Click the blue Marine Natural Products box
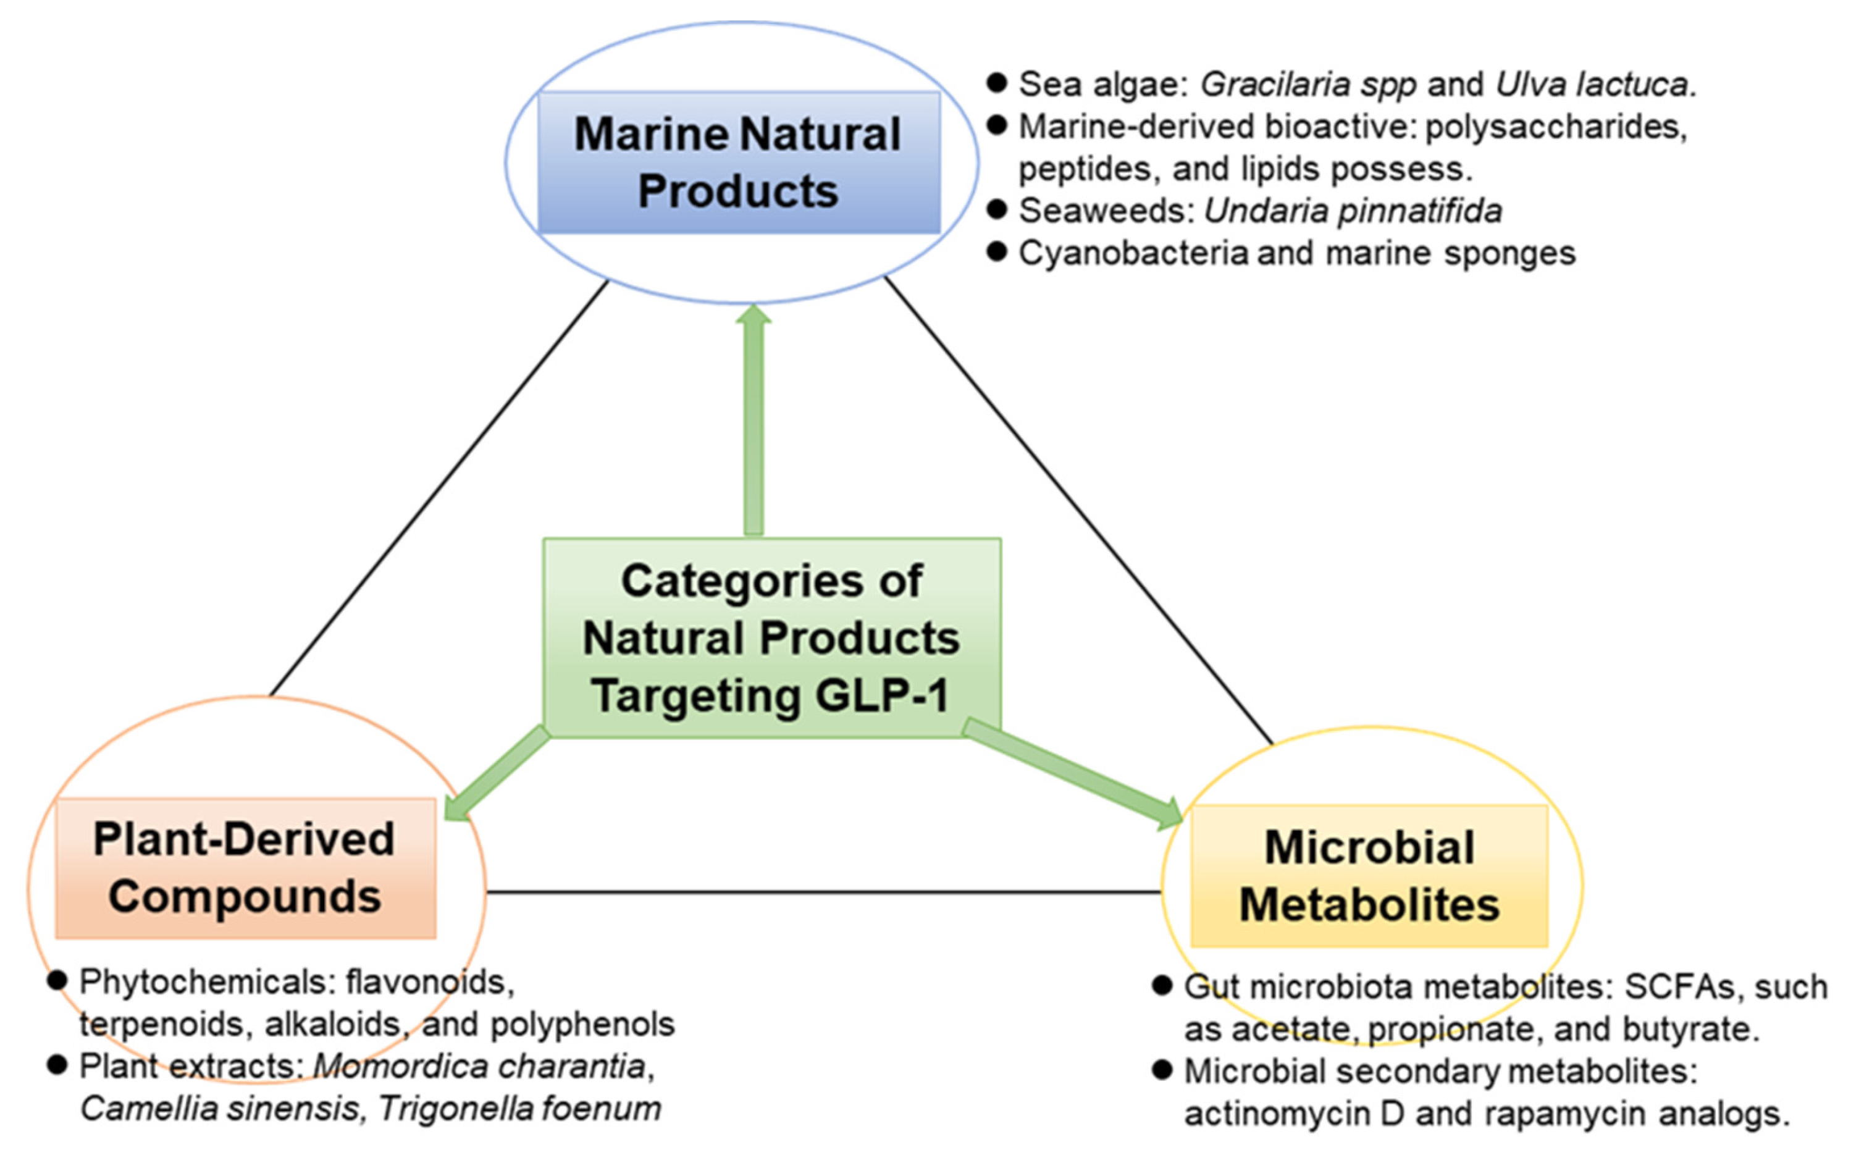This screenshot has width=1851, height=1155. [739, 162]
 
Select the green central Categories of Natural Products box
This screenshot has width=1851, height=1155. [771, 638]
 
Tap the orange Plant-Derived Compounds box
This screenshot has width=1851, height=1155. [245, 868]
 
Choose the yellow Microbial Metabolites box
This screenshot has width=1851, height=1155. [1369, 875]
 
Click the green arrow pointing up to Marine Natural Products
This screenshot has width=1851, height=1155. [753, 420]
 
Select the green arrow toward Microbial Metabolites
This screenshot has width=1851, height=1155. [1069, 773]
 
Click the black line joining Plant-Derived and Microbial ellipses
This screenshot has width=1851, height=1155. [823, 891]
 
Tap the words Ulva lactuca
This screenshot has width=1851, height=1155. [1592, 85]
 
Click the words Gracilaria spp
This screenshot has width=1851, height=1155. [1308, 85]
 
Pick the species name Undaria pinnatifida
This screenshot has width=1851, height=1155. [1353, 211]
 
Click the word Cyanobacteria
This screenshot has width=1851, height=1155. [1133, 253]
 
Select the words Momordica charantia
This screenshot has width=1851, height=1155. [479, 1067]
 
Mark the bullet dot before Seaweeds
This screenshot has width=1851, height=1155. [996, 209]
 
